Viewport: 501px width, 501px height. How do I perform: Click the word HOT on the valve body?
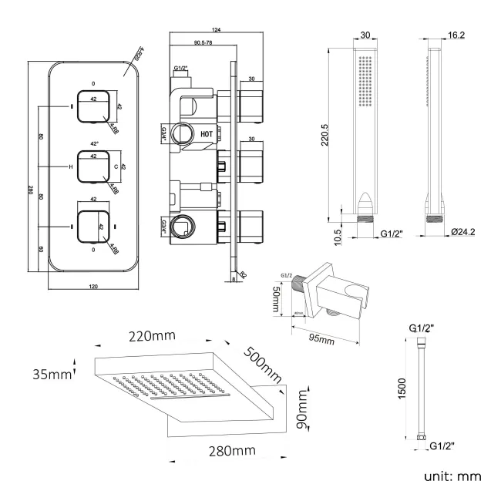(x=207, y=133)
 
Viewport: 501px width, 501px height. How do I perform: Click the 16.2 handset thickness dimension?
(x=457, y=35)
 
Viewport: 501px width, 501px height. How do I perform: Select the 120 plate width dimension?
(x=92, y=286)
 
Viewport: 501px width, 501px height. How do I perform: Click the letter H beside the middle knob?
(x=70, y=167)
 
